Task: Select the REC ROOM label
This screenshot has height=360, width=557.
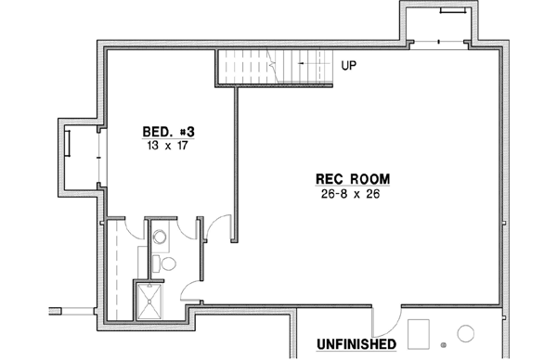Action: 352,179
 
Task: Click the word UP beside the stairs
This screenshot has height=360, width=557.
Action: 349,66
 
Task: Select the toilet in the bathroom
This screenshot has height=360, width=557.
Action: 167,265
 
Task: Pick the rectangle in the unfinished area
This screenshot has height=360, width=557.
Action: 420,332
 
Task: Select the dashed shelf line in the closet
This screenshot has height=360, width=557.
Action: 116,268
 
